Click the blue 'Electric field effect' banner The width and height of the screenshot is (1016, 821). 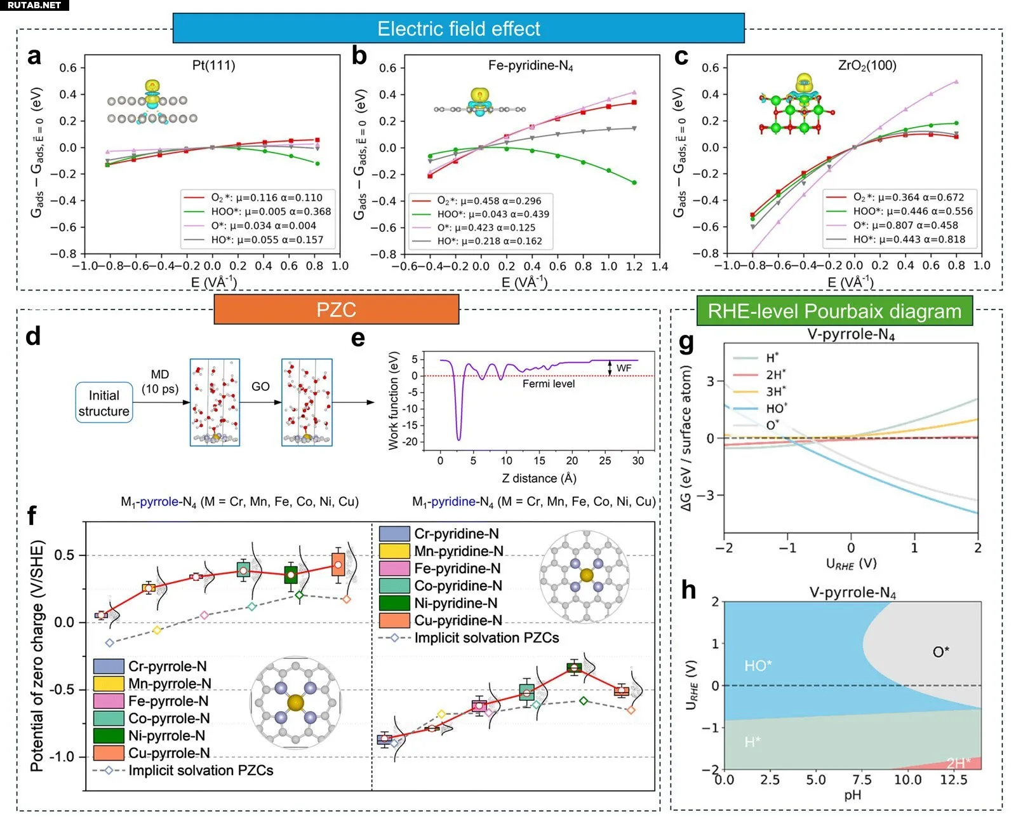pos(458,29)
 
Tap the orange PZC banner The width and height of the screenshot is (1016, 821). pos(336,309)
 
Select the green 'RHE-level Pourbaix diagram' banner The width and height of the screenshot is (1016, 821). pos(834,311)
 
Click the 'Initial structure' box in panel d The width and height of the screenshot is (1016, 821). pos(104,403)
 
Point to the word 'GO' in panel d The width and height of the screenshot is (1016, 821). pos(260,386)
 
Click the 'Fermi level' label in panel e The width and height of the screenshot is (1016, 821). pos(548,384)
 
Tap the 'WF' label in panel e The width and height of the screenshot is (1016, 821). pos(624,368)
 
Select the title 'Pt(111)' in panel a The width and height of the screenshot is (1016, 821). pos(213,65)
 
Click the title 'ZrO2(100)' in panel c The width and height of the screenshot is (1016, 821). pos(867,65)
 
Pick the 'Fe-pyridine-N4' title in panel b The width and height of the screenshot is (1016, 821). pos(530,65)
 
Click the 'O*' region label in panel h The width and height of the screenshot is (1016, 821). pos(940,651)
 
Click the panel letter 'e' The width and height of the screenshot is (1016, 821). pos(358,338)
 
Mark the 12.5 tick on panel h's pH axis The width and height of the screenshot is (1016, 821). pos(953,780)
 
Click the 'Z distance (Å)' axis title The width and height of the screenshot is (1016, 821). pos(538,478)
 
